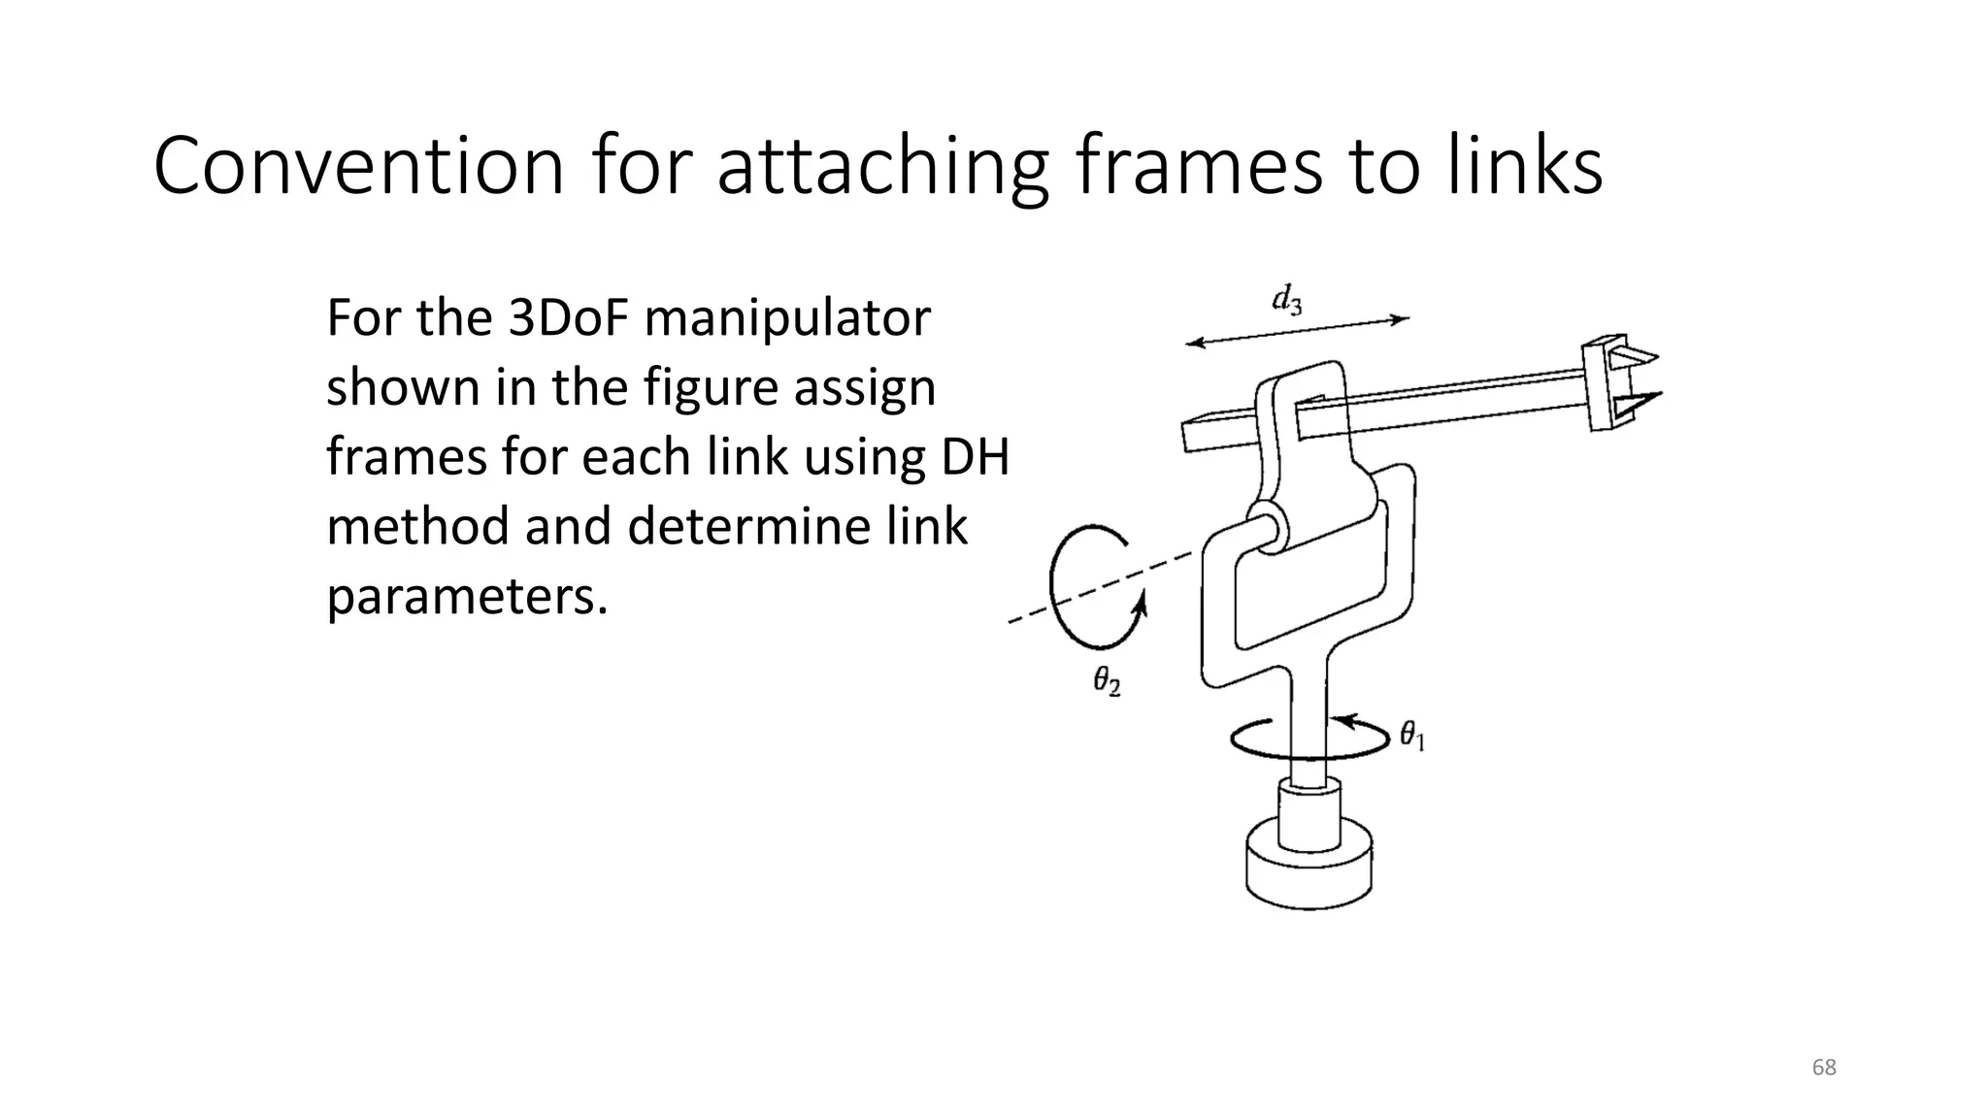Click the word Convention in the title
(358, 167)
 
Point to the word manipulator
(787, 319)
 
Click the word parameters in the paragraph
(466, 597)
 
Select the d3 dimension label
(1287, 300)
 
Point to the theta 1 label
(1411, 737)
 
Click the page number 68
(1824, 1068)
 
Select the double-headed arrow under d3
(1298, 330)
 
